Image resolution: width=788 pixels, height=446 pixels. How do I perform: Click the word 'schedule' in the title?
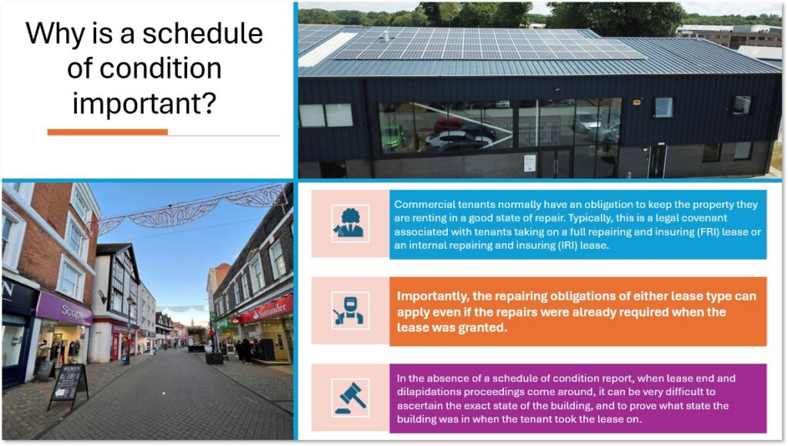click(202, 34)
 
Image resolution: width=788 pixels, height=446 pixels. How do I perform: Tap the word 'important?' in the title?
click(144, 103)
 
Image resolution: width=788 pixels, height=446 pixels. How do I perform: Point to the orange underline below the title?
click(108, 132)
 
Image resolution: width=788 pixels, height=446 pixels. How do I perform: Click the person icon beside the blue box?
click(350, 223)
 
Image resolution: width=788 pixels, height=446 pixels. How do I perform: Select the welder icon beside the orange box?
click(350, 310)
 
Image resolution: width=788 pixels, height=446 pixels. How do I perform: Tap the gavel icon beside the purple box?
click(350, 397)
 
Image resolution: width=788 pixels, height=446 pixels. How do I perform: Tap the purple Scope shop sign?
click(64, 308)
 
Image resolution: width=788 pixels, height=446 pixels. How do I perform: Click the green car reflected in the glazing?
click(392, 138)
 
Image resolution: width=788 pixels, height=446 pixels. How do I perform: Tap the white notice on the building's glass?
click(529, 163)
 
